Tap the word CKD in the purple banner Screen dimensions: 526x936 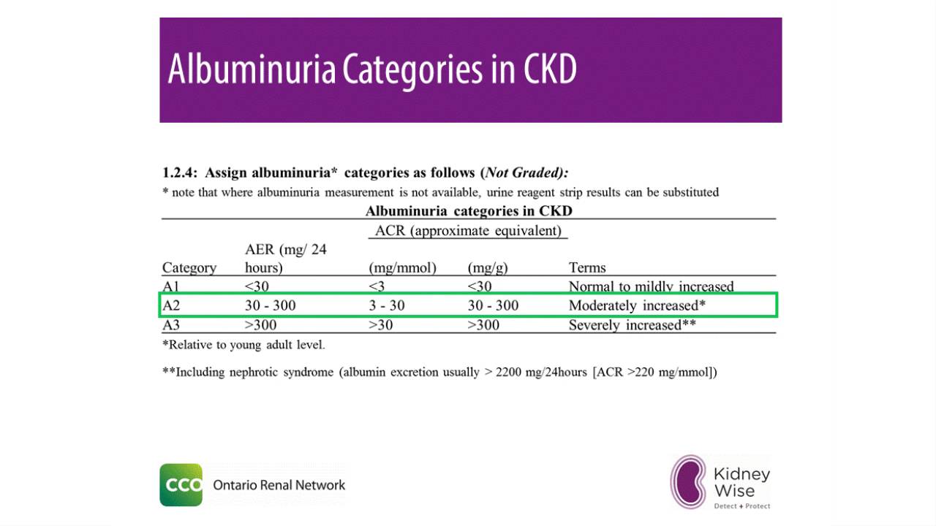pos(550,69)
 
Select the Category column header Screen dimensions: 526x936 pos(189,267)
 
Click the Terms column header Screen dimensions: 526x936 pos(587,267)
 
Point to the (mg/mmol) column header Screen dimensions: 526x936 pos(402,267)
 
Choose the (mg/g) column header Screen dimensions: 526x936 pos(488,267)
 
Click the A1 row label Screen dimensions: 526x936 pos(171,286)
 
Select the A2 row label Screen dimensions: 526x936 pos(171,305)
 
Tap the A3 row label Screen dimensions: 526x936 pos(171,325)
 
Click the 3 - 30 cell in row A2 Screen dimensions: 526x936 pos(386,305)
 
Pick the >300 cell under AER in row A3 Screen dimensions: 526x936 pos(260,325)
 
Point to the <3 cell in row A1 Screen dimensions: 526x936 pos(377,286)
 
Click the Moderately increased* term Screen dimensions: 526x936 pos(637,305)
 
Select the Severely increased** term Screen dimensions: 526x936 pos(632,325)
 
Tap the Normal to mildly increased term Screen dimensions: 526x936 pos(651,286)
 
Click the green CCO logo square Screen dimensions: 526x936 pos(181,485)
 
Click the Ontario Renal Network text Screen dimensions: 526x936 pos(279,485)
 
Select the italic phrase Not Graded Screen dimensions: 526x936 pos(524,173)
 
